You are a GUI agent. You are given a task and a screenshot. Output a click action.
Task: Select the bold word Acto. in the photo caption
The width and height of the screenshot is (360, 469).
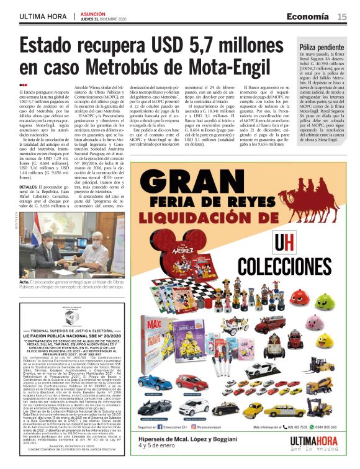[x=25, y=281]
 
